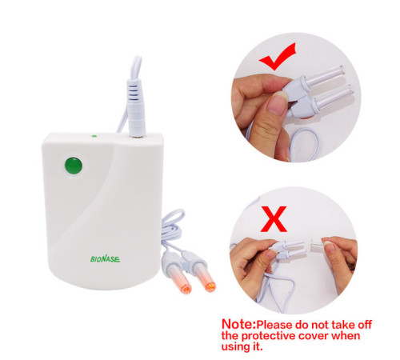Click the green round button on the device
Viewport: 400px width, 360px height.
[x=74, y=166]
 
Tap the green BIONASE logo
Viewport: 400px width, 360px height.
[x=105, y=258]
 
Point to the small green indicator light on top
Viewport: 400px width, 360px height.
[x=94, y=136]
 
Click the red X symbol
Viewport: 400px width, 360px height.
[x=274, y=218]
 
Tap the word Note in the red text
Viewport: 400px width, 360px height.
[x=238, y=324]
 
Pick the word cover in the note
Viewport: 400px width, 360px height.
[x=314, y=335]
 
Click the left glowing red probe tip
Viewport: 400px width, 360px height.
[x=185, y=287]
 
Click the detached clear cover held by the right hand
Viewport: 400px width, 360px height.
[x=318, y=244]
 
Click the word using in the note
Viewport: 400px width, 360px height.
[x=234, y=347]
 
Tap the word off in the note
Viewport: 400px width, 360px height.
[x=365, y=325]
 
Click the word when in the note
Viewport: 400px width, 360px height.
[x=346, y=335]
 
